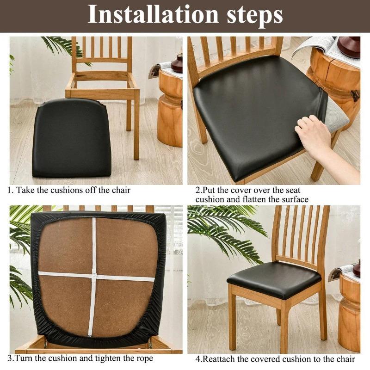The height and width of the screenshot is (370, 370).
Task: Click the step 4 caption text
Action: coord(275,359)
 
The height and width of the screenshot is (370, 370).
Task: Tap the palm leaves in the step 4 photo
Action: coord(227,231)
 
